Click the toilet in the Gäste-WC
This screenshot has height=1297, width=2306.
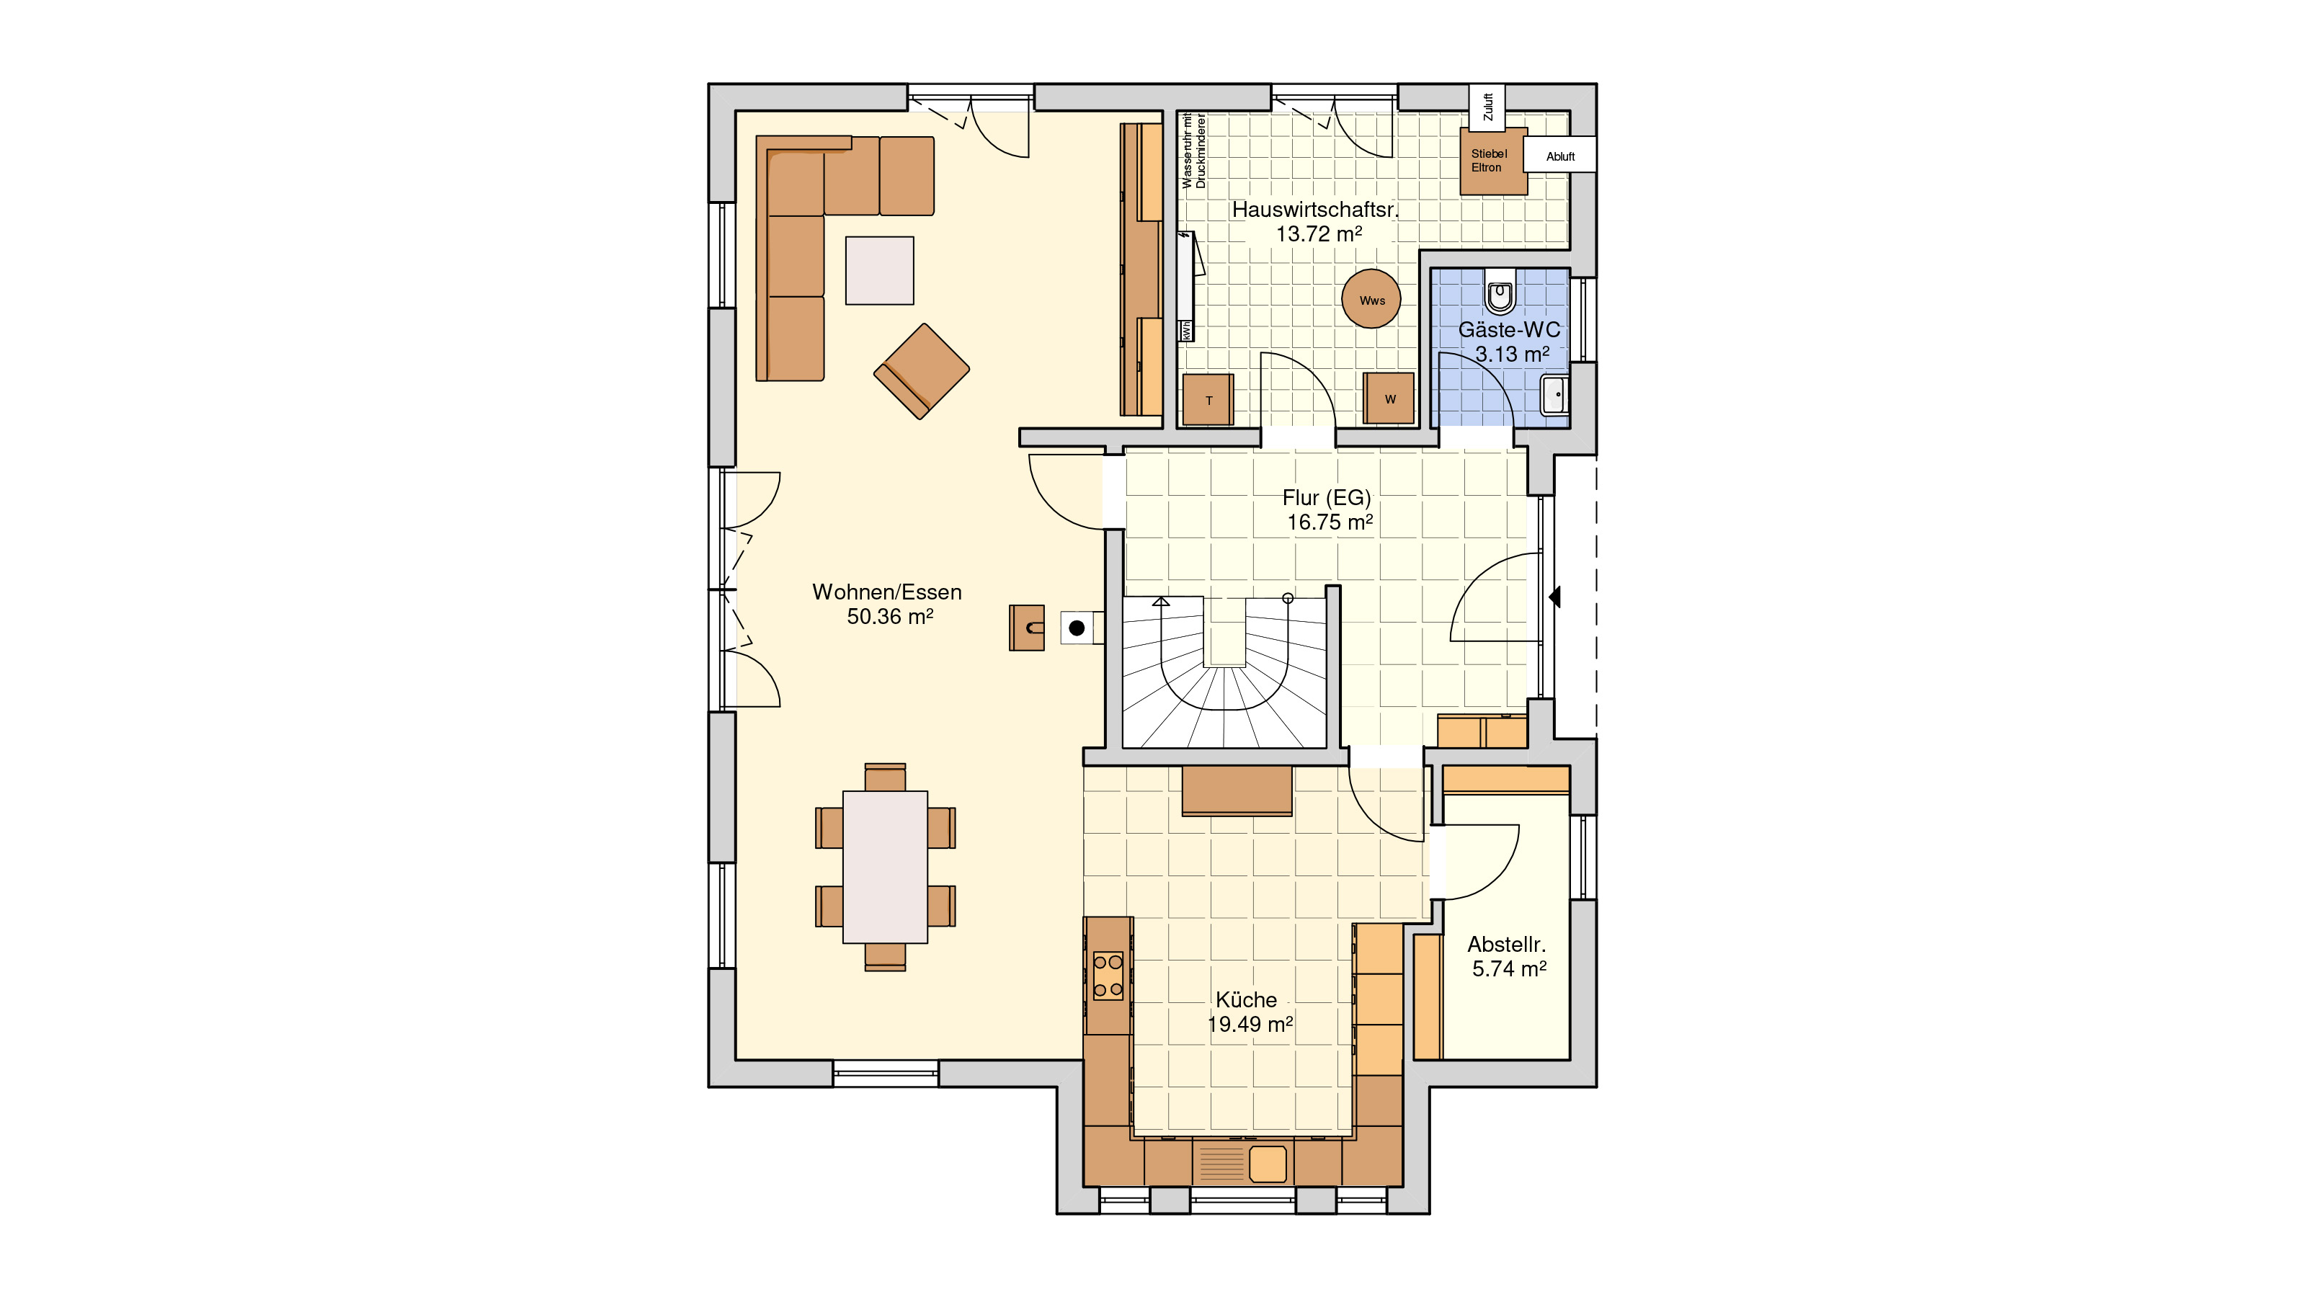coord(1500,292)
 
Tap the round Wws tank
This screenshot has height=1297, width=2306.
coord(1371,299)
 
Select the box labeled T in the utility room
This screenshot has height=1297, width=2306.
coord(1208,399)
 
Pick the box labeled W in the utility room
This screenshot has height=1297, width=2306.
coord(1389,398)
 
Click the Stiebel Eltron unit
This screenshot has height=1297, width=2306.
coord(1493,161)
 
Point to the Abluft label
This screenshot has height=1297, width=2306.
coord(1560,156)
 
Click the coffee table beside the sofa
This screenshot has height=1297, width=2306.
coord(879,270)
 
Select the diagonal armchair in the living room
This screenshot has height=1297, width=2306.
coord(921,370)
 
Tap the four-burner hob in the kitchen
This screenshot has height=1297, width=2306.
coord(1108,976)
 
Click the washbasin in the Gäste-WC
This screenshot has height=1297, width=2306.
coord(1555,395)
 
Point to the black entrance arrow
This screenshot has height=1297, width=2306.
coord(1554,596)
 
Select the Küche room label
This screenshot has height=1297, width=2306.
coord(1246,1000)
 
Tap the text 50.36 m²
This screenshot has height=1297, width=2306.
coord(890,617)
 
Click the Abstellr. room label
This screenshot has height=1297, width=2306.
coord(1507,945)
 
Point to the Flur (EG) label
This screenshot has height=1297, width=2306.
coord(1327,498)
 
